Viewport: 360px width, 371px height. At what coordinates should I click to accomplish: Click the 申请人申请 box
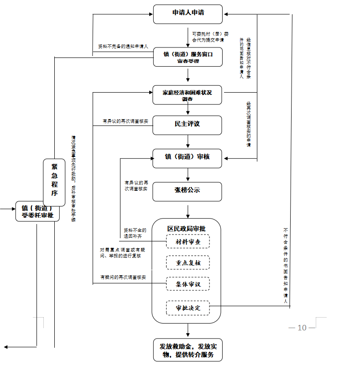point(188,14)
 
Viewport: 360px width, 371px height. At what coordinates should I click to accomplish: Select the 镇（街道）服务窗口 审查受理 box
point(188,57)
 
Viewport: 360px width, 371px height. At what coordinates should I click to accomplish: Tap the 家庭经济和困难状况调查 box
point(188,95)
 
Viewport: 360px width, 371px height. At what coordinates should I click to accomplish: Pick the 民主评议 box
point(188,125)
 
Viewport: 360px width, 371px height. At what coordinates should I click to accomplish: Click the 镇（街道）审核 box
point(188,158)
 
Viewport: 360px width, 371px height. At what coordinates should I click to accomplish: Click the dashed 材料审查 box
point(188,241)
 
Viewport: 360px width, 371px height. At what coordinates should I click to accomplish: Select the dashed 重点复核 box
point(188,263)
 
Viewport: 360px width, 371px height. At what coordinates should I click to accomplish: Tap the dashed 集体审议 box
point(188,284)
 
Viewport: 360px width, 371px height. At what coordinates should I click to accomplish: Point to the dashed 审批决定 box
point(188,308)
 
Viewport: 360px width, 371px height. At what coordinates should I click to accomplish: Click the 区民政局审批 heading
point(186,228)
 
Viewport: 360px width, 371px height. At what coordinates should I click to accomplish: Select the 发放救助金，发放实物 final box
point(188,350)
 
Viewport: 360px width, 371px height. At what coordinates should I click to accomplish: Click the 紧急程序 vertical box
point(54,181)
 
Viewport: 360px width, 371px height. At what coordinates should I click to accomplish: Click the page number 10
point(302,328)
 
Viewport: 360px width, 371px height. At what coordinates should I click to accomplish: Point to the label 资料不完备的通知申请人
point(123,47)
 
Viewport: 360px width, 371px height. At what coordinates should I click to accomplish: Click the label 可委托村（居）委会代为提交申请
point(210,37)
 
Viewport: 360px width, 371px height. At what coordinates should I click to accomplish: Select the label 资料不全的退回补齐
point(135,233)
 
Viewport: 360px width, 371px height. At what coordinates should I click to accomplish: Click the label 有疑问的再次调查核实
point(123,277)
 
